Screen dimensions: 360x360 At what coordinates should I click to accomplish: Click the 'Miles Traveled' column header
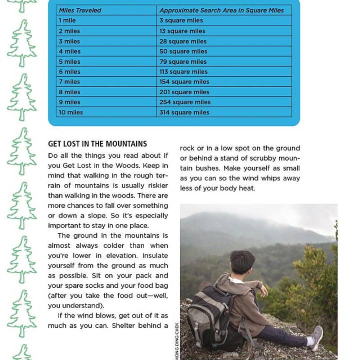click(79, 10)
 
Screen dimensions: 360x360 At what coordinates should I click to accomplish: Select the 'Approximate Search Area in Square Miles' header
click(221, 10)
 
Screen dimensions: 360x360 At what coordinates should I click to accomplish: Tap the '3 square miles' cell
click(181, 20)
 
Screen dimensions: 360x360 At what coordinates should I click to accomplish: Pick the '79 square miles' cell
click(183, 61)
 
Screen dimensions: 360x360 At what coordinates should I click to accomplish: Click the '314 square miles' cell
click(184, 112)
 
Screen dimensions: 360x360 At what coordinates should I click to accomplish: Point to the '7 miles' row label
click(69, 82)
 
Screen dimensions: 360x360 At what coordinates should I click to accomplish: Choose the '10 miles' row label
click(71, 112)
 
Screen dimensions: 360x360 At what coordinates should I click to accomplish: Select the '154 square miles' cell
click(184, 82)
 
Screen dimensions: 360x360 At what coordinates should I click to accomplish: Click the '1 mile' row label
click(67, 20)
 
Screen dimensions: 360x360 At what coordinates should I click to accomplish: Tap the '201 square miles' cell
click(184, 92)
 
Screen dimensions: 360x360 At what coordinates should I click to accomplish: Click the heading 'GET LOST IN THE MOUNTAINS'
click(97, 144)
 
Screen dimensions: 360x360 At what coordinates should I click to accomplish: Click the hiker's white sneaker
click(315, 337)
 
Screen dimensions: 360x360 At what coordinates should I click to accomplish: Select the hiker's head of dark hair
click(242, 261)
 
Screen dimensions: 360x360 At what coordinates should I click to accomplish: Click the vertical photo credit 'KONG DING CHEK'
click(177, 342)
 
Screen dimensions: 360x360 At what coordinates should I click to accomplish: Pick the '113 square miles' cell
click(183, 71)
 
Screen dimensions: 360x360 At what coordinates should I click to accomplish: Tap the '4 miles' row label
click(69, 51)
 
